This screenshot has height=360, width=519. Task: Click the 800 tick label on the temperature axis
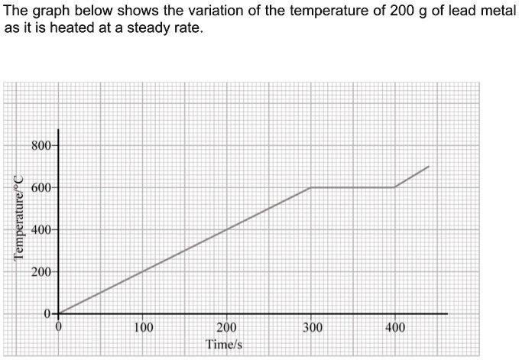pos(41,145)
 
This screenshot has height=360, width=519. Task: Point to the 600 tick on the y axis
pos(41,187)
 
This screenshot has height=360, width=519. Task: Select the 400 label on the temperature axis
pos(41,230)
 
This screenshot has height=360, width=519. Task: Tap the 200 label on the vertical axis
pos(41,272)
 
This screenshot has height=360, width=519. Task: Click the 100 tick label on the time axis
pos(143,329)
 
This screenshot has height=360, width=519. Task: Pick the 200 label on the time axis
pos(226,329)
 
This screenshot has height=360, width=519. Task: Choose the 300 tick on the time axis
pos(311,329)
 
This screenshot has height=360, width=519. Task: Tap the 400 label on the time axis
pos(395,329)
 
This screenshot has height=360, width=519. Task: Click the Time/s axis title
pos(225,345)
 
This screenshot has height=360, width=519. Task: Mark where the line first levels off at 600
pos(310,187)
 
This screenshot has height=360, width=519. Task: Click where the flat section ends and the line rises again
pos(394,187)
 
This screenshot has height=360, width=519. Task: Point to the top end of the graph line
pos(429,166)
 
